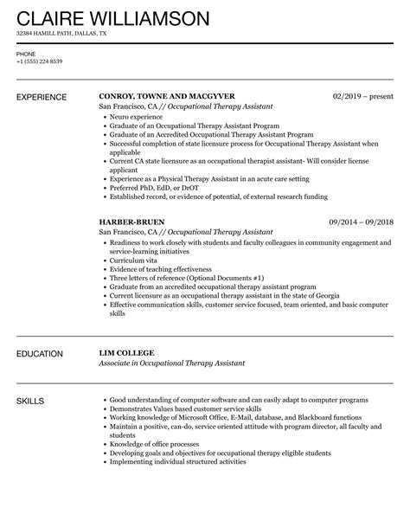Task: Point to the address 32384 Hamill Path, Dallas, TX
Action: [61, 34]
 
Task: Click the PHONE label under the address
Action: [25, 53]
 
